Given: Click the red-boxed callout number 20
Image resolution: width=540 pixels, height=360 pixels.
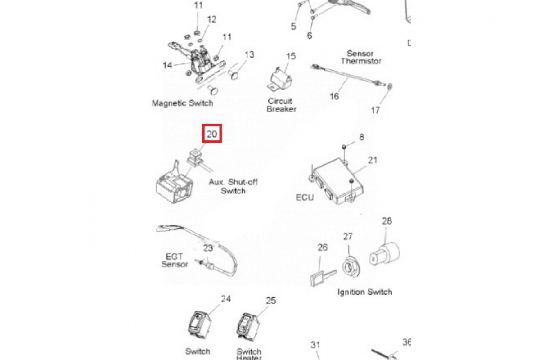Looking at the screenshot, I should [x=212, y=134].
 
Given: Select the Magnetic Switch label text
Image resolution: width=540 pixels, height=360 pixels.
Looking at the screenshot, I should [x=182, y=103].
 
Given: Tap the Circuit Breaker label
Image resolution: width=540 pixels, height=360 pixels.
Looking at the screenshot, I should [x=282, y=105].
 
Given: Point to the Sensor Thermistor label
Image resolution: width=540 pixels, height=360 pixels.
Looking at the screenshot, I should [x=361, y=57].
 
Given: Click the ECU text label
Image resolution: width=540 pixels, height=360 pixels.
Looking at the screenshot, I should [x=305, y=198].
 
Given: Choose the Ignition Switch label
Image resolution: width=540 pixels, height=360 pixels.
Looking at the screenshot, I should [x=365, y=292].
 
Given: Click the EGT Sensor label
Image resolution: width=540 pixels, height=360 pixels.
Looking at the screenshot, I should [x=175, y=260].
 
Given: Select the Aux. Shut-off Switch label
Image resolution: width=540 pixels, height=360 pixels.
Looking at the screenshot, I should [x=233, y=186].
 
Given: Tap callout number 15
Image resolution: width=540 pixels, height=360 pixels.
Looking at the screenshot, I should [x=291, y=56].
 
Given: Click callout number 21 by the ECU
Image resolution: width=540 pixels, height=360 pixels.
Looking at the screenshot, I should [x=373, y=160].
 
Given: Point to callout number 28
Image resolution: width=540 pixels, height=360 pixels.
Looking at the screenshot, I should [x=387, y=221].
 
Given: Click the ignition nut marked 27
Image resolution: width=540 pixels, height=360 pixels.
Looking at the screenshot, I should [x=350, y=266].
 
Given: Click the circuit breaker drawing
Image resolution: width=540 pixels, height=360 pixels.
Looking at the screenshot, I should [x=279, y=79].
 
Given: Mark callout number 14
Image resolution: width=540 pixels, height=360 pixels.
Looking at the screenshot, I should [x=167, y=65].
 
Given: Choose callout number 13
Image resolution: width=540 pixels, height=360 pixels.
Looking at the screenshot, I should [x=249, y=55].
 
